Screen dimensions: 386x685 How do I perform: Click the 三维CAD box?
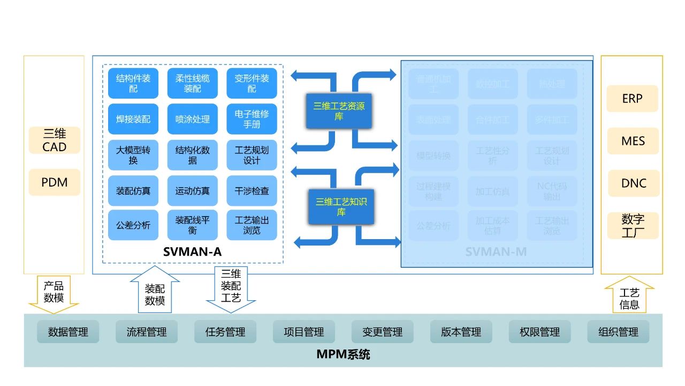point(54,140)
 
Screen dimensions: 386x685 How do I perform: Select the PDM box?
point(54,182)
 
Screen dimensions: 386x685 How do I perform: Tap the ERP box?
point(632,99)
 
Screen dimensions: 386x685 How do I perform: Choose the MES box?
point(633,141)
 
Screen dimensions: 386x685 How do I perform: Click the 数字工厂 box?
point(633,226)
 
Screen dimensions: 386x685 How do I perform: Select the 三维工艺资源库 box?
point(339,111)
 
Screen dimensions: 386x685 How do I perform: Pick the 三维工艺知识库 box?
point(341,206)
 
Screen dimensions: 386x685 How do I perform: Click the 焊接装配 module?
point(133,119)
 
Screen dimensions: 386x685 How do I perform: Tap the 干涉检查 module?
point(252,190)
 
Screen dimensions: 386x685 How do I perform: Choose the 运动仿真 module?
point(192,190)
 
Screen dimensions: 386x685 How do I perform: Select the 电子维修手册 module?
point(252,119)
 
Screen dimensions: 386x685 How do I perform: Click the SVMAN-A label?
point(192,251)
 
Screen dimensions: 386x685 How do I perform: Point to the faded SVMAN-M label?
point(496,251)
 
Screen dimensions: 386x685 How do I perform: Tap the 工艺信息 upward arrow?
point(629,296)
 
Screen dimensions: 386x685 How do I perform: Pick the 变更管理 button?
point(382,332)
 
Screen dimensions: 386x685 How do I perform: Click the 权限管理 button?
point(539,332)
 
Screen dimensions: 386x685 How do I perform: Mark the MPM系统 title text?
point(343,354)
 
